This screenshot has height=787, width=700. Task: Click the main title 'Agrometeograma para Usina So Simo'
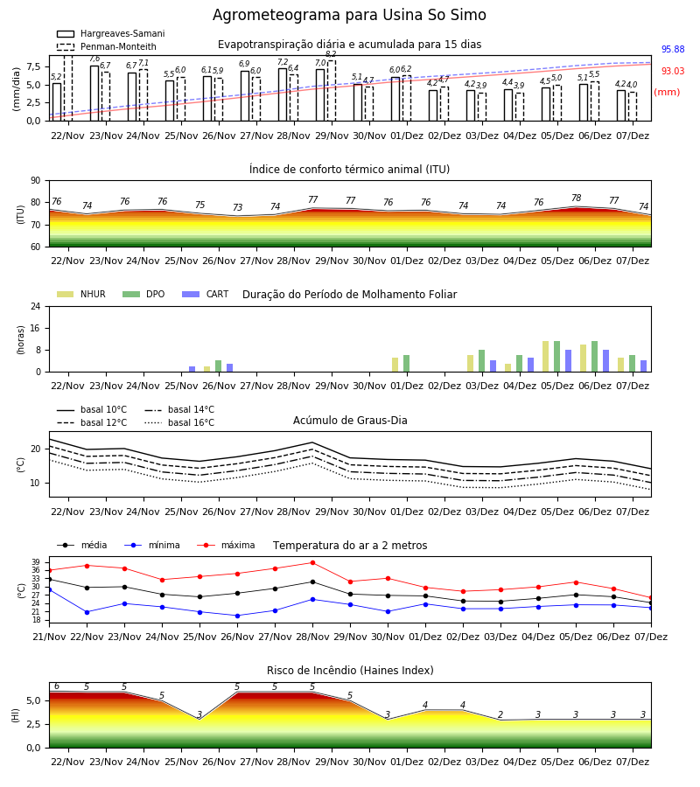click(x=349, y=15)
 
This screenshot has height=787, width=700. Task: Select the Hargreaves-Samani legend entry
click(x=110, y=33)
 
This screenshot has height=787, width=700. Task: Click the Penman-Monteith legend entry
click(x=107, y=46)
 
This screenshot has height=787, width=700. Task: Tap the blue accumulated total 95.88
click(x=673, y=49)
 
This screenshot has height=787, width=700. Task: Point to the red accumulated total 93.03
click(x=673, y=71)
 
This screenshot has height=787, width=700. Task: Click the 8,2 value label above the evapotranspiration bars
click(x=331, y=54)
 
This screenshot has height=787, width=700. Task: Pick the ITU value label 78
click(x=577, y=198)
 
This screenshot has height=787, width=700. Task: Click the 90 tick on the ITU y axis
click(x=36, y=181)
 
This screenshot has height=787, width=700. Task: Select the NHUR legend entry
click(x=81, y=294)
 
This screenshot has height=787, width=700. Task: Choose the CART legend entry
click(x=206, y=294)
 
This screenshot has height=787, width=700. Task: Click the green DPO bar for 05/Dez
click(x=556, y=357)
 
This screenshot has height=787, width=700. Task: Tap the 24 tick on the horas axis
click(x=36, y=306)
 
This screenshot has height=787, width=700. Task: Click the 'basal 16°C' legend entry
click(x=179, y=422)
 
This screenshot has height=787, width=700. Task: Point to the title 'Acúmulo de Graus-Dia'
click(x=350, y=420)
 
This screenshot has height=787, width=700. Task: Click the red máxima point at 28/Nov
click(x=313, y=562)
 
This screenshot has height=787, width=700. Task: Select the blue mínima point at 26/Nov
click(x=237, y=616)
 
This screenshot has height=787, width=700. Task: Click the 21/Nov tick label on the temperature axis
click(x=49, y=637)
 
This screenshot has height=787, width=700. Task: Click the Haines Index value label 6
click(x=57, y=686)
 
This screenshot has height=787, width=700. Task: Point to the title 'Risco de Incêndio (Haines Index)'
click(x=350, y=670)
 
